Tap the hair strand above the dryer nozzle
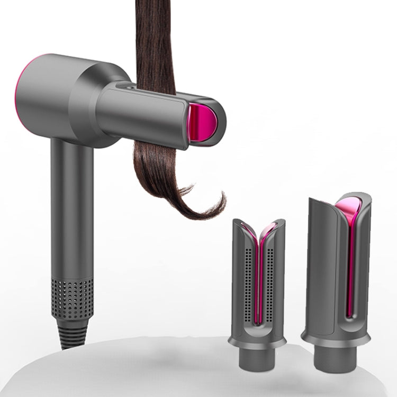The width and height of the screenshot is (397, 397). coord(157,42)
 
